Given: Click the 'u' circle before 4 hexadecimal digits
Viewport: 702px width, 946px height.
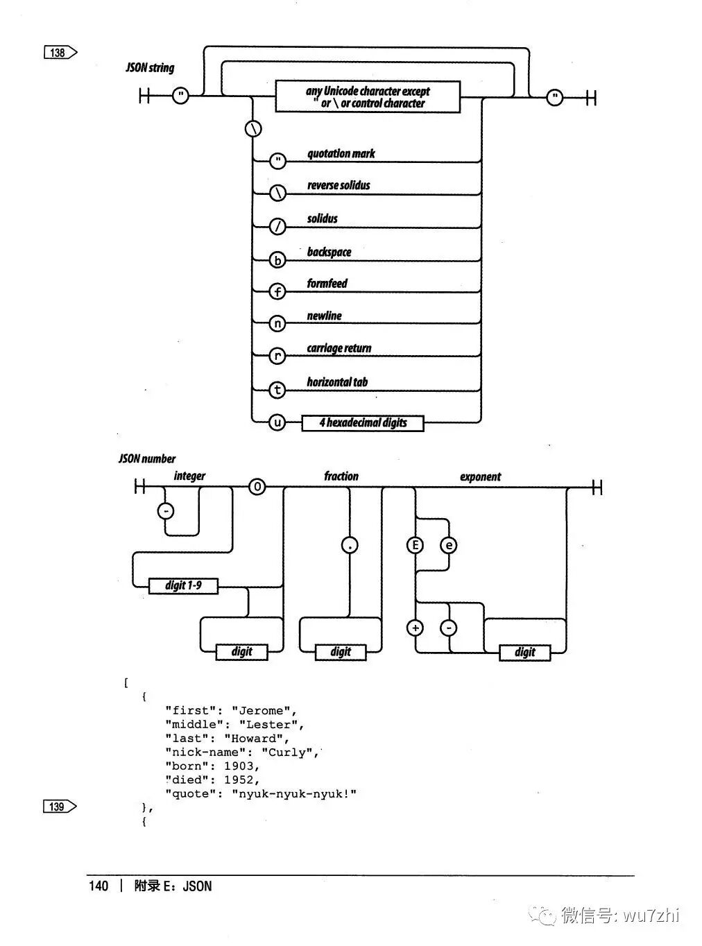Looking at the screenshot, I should click(277, 422).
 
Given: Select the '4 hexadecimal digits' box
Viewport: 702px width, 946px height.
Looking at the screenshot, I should click(363, 423).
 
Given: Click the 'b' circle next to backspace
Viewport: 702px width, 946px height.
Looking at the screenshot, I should click(277, 260).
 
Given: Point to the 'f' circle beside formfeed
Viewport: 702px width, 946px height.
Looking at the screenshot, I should click(277, 292).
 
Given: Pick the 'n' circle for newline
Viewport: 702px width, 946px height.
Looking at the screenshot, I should click(277, 324).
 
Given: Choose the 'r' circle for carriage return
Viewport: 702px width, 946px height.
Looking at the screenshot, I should click(277, 356).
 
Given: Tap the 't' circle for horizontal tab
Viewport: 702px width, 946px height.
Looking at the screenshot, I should click(277, 390).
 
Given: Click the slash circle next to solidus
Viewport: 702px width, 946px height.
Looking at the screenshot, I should click(277, 227).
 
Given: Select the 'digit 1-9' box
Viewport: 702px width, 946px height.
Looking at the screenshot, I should click(183, 586).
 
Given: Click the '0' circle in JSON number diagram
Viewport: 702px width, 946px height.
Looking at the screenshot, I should click(257, 488).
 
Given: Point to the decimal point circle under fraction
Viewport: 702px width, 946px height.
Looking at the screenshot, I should click(350, 546).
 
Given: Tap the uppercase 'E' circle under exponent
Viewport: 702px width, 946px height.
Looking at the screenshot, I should click(415, 546).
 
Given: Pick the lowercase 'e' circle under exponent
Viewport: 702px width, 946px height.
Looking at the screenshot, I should click(449, 546).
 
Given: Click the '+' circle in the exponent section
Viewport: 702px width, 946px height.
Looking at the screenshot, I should click(415, 628).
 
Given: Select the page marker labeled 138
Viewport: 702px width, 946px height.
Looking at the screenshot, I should click(60, 53).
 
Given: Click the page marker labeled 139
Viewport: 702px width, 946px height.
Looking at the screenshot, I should click(60, 806).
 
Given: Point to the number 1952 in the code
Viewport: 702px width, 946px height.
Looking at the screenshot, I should click(239, 780).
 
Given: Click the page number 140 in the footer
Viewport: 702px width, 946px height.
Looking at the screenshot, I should click(99, 886).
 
